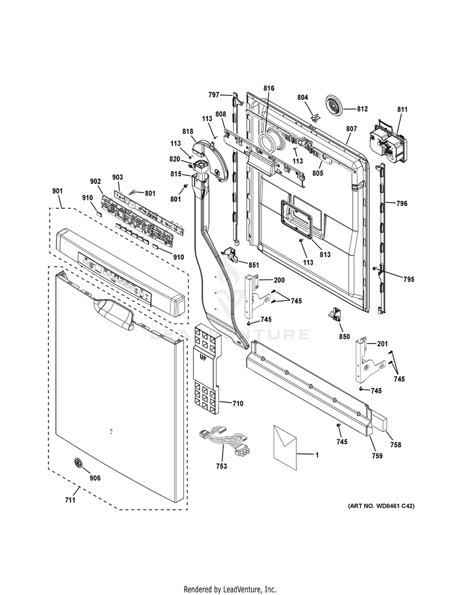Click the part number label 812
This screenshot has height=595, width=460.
pyautogui.click(x=362, y=110)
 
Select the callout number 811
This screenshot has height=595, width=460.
pyautogui.click(x=402, y=110)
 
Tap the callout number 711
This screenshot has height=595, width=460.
pyautogui.click(x=70, y=500)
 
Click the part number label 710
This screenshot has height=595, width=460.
pyautogui.click(x=238, y=403)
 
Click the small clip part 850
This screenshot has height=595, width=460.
pyautogui.click(x=335, y=314)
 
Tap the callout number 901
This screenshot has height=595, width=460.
pyautogui.click(x=57, y=191)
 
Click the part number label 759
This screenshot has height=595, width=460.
pyautogui.click(x=377, y=455)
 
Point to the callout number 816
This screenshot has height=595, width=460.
pyautogui.click(x=269, y=89)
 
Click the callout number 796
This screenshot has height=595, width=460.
pyautogui.click(x=402, y=203)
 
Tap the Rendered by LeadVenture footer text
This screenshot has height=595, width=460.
pyautogui.click(x=230, y=589)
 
